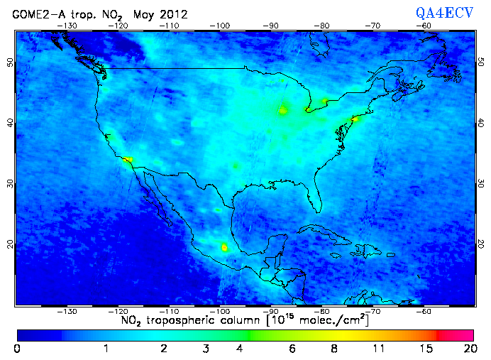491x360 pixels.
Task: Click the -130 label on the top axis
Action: (x=67, y=26)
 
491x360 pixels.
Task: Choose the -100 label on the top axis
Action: (x=221, y=26)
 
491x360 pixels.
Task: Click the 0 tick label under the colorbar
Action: (x=17, y=348)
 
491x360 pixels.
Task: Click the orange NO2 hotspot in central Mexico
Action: (x=225, y=247)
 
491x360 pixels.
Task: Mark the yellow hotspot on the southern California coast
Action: (x=128, y=160)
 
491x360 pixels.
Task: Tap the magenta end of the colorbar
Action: (x=460, y=334)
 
